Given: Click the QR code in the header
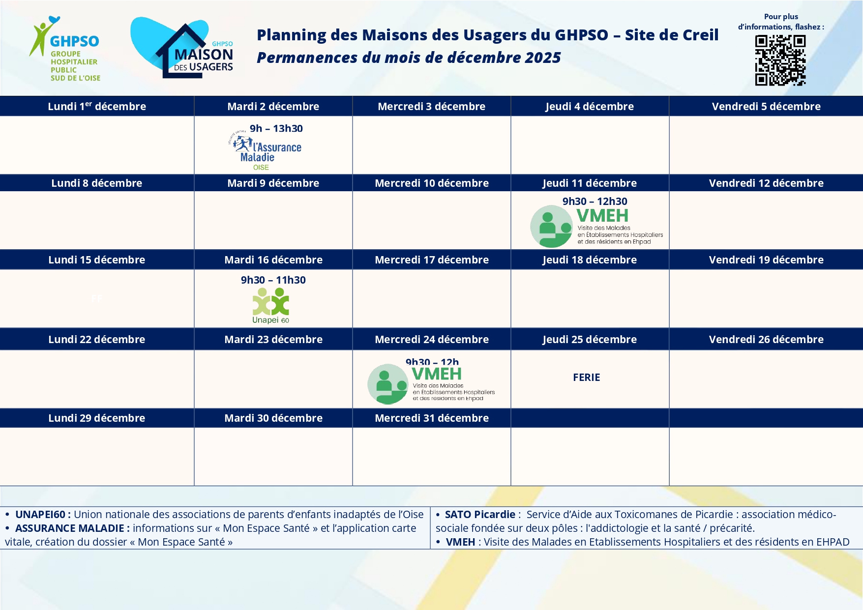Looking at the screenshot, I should coord(780,60).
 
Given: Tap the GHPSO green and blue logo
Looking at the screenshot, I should coord(65,50).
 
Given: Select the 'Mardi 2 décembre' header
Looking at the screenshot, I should coord(273,107).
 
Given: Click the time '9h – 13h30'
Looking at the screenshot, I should coord(276,129).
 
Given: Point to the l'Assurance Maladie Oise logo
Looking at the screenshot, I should coord(266,152).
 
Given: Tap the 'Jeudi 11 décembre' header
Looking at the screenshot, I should coord(590,183).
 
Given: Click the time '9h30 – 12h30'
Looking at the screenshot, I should coord(595,202).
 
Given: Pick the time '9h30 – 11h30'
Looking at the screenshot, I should coord(273,280).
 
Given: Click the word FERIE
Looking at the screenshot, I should coord(586,378).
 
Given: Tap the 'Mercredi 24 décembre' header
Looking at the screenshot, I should coord(432,340).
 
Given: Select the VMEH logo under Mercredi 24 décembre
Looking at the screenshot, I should coord(431,384).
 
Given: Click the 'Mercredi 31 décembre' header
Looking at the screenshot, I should coord(432,418).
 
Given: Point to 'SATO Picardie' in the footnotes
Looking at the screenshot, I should coord(480,515).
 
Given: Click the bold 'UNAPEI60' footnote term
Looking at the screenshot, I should coord(40,515).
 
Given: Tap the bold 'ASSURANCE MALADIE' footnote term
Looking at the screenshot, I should coord(70,528).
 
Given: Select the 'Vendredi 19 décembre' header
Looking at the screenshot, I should coord(766,260).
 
